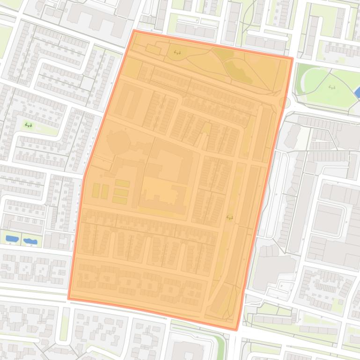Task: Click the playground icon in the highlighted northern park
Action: click(176, 52)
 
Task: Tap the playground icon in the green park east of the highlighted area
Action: click(332, 87)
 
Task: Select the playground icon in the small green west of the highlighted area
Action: click(29, 125)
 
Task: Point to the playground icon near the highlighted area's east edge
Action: click(229, 217)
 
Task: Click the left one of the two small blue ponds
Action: click(12, 239)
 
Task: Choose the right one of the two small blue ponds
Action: click(30, 241)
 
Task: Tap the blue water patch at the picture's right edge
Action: click(357, 93)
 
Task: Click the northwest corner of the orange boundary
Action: click(134, 31)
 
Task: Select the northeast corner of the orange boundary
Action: click(292, 59)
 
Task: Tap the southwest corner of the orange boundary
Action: click(69, 298)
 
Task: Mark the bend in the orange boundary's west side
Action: click(85, 174)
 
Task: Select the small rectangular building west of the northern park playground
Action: click(153, 49)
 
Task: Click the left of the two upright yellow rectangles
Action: click(96, 191)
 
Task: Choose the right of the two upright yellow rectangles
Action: click(105, 191)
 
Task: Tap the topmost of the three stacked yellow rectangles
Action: click(122, 183)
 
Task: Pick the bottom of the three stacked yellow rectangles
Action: click(120, 200)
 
